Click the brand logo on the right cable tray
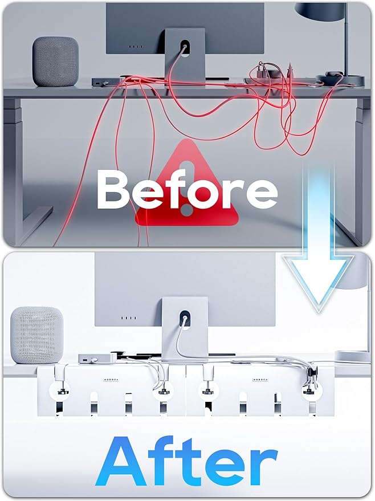pos(262,378)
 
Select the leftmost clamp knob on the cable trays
pos(60,392)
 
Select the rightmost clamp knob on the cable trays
pos(311,392)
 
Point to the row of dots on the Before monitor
pos(134,47)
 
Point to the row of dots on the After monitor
pos(129,318)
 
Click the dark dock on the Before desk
pos(105,82)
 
